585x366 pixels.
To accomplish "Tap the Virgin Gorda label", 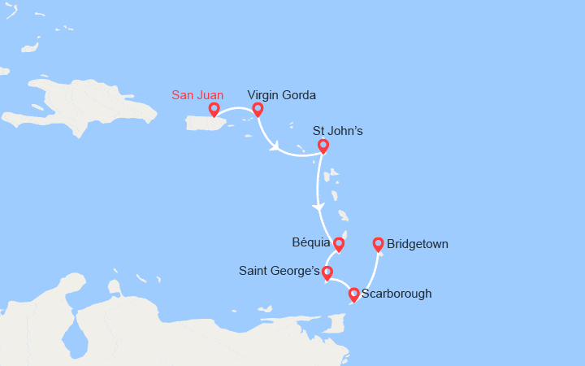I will pos(281,95).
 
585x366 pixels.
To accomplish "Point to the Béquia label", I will pos(310,242).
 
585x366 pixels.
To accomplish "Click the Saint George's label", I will pos(279,270).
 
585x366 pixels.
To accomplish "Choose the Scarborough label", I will pos(396,294).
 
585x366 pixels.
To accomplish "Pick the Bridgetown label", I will pos(418,243).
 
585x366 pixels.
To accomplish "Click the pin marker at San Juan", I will pos(214,109).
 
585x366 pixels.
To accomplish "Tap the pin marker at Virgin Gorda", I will pos(258,109).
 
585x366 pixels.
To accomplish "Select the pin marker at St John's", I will pos(323,146).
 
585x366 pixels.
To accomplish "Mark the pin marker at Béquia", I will pos(339,243).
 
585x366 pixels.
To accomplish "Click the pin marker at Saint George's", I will pos(327,272).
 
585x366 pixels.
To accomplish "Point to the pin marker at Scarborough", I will pos(353,294).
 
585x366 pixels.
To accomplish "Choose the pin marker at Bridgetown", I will pos(378,243).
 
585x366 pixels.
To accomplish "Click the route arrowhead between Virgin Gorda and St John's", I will pos(275,146).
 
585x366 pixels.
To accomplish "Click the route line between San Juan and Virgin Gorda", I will pos(236,108).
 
